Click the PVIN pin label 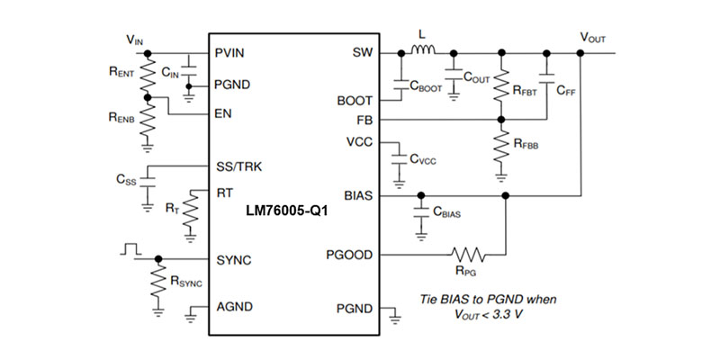pos(233,52)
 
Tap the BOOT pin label pos(355,101)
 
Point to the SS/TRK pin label pos(240,166)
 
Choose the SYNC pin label pos(234,260)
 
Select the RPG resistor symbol pos(468,255)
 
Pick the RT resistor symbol pos(189,212)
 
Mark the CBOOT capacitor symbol pos(400,85)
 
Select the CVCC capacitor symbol pos(400,157)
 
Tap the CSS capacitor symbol pos(148,182)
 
